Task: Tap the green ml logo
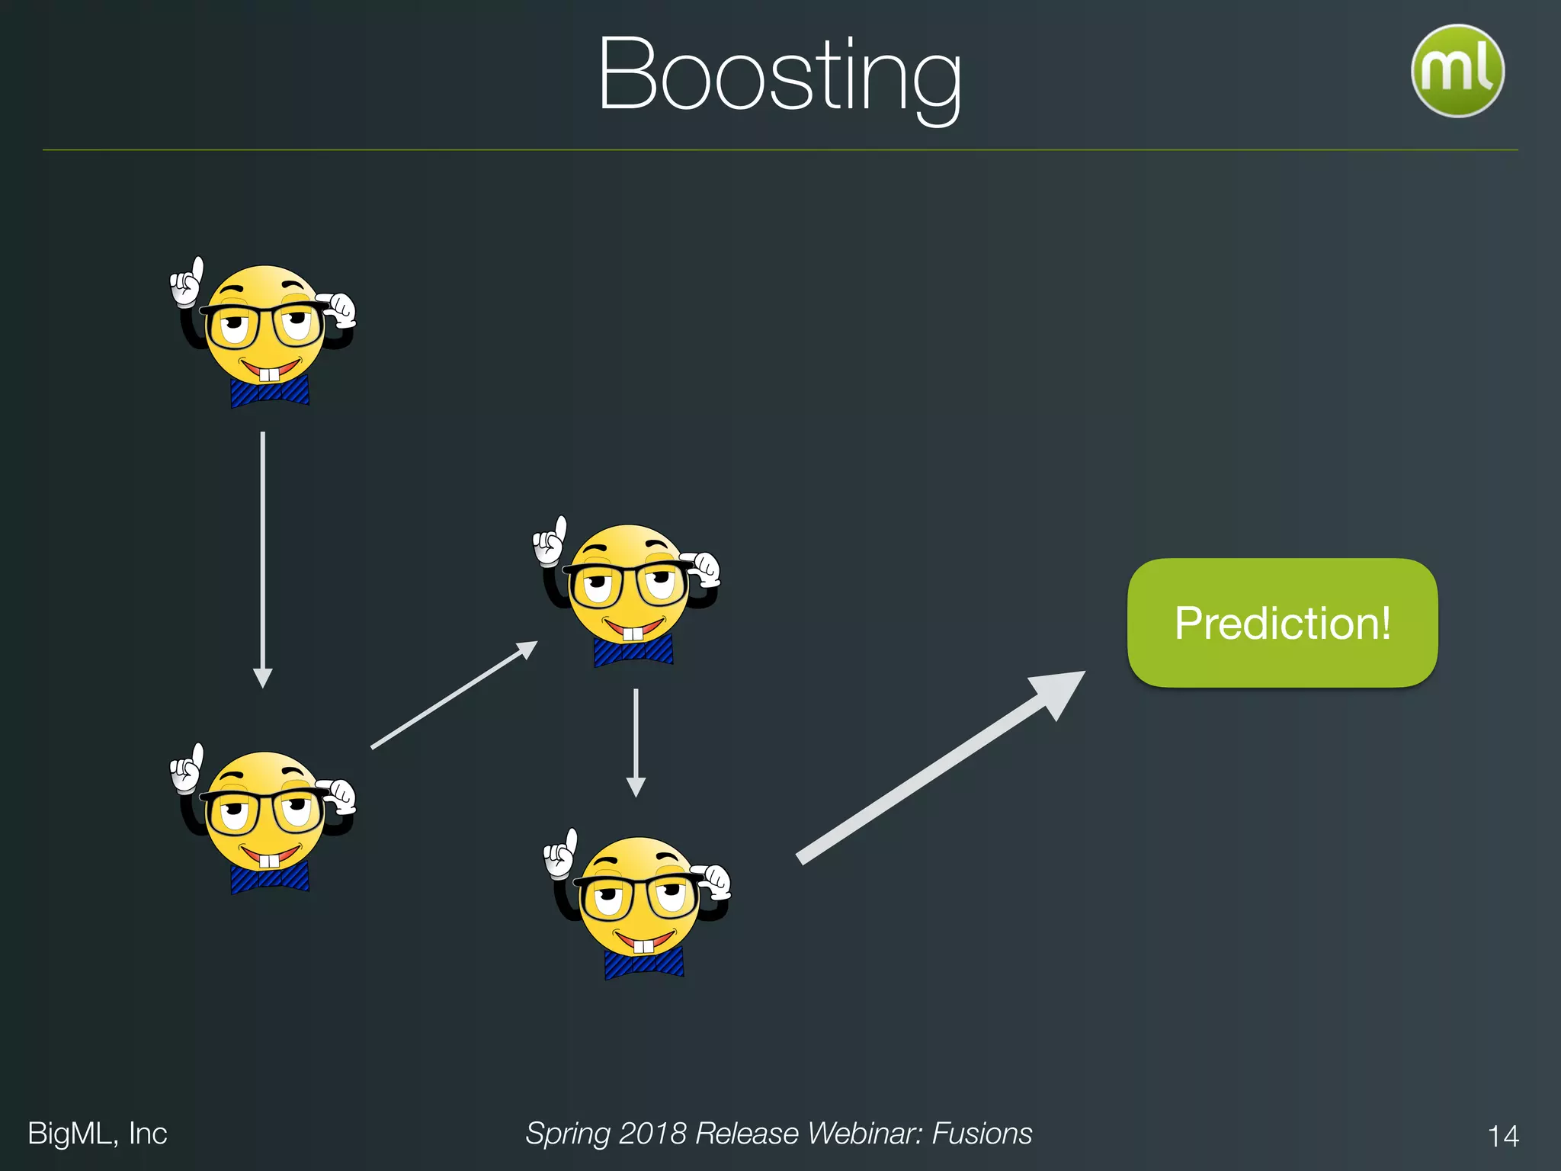1457,71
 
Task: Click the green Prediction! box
1282,623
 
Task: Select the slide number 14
1503,1136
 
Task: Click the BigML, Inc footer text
97,1134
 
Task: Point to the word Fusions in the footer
982,1134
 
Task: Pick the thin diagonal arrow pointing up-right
454,695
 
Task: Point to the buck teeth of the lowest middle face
644,947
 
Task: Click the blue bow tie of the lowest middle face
644,964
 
